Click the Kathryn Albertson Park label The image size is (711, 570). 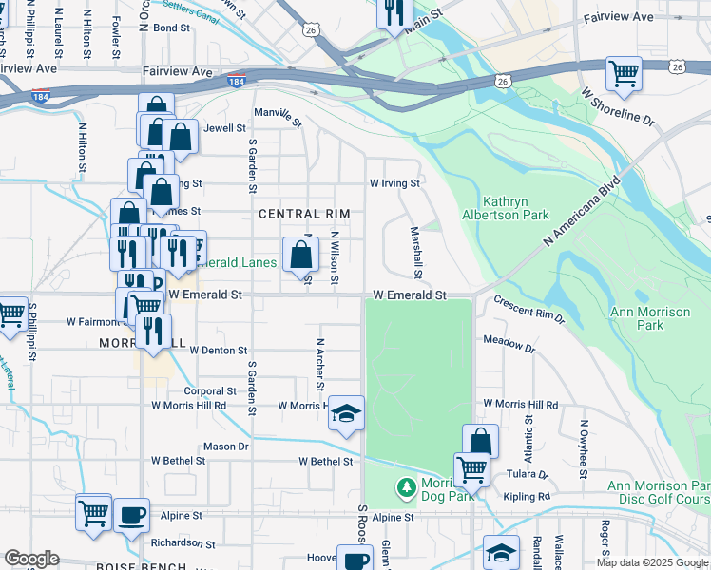[x=515, y=208]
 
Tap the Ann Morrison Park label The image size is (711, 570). [x=650, y=318]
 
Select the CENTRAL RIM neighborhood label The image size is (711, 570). [x=304, y=215]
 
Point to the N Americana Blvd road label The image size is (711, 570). [x=582, y=212]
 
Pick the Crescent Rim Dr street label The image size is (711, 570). [x=528, y=310]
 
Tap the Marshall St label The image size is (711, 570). [x=416, y=246]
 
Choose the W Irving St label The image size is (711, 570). [x=394, y=183]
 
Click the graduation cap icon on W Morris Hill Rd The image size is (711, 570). [x=346, y=413]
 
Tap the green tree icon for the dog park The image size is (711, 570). [x=406, y=487]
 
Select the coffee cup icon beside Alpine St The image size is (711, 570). [x=132, y=514]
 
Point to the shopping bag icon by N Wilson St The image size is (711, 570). [x=300, y=255]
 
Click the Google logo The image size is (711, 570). [x=31, y=559]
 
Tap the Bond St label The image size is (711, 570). [x=172, y=28]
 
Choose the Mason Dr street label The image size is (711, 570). [x=225, y=446]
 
